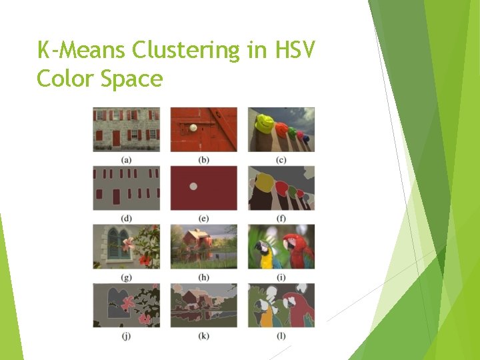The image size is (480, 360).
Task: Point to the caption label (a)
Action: (x=126, y=160)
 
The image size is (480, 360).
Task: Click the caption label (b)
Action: (x=204, y=160)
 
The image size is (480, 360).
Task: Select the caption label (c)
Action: (x=281, y=160)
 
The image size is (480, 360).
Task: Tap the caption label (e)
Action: (x=204, y=219)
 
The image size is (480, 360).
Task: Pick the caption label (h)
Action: (x=204, y=277)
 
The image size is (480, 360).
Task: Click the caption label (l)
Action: (x=281, y=336)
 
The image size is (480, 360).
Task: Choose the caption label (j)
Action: (x=126, y=336)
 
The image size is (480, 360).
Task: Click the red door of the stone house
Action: (x=116, y=138)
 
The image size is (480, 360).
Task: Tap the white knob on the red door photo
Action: (x=193, y=127)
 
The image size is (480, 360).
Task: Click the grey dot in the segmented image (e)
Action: (x=193, y=187)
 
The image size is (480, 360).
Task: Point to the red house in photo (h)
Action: (x=195, y=240)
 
